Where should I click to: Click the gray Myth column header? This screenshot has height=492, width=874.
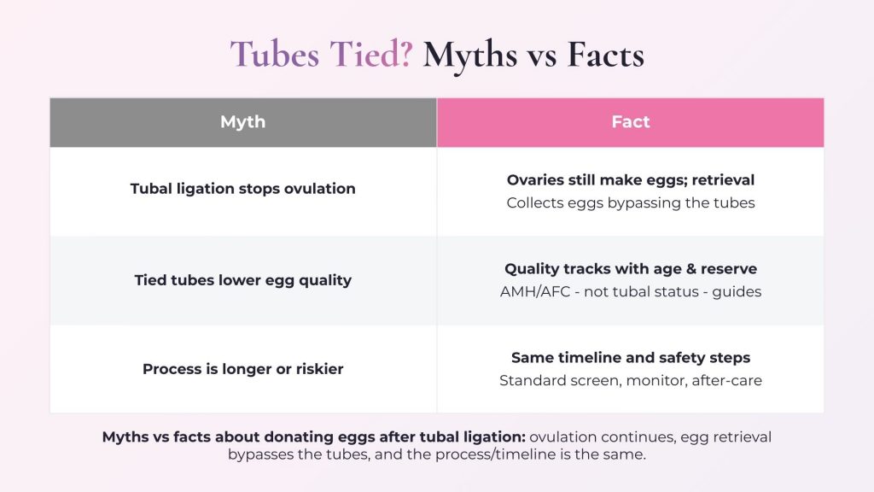click(x=243, y=122)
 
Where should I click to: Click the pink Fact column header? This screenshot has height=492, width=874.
click(x=631, y=122)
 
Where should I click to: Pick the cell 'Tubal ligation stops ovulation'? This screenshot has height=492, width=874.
click(x=243, y=189)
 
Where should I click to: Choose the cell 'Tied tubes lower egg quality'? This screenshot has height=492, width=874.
click(x=243, y=280)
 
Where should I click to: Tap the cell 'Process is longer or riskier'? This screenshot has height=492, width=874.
click(x=243, y=370)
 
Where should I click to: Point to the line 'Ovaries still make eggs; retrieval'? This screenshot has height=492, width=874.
click(x=631, y=180)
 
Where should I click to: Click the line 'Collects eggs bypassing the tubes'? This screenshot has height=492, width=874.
click(x=631, y=203)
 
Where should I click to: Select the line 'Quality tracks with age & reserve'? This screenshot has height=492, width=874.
click(x=631, y=269)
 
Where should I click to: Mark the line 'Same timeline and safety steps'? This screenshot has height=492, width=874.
click(x=631, y=358)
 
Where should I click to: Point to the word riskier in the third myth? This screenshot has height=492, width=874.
click(x=316, y=370)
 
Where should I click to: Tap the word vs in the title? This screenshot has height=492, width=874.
click(x=533, y=55)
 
